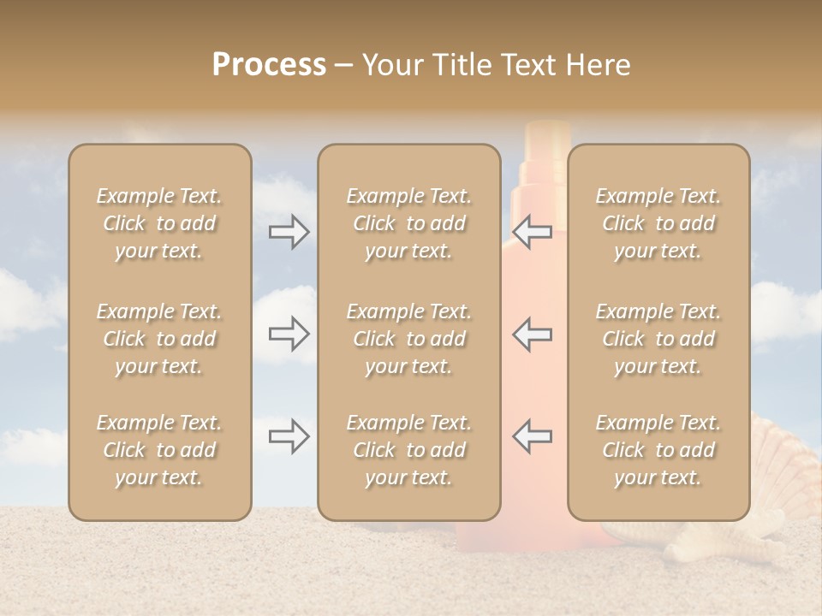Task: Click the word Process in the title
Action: [x=269, y=65]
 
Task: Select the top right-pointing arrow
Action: [x=289, y=232]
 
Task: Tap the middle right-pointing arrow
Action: [x=289, y=334]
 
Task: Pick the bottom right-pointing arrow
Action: [x=289, y=436]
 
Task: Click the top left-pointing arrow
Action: [x=533, y=232]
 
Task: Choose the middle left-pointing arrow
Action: [x=533, y=334]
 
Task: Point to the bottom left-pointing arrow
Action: [x=533, y=436]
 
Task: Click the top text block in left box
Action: [x=159, y=223]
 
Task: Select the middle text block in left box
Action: [x=159, y=339]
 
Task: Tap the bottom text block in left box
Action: [x=159, y=450]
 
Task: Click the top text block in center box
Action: [x=408, y=223]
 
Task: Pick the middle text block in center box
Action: [x=408, y=339]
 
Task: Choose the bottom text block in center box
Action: [x=408, y=450]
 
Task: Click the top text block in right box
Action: [x=658, y=223]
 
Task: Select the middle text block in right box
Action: [x=658, y=339]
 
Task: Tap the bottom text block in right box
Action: [x=658, y=450]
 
